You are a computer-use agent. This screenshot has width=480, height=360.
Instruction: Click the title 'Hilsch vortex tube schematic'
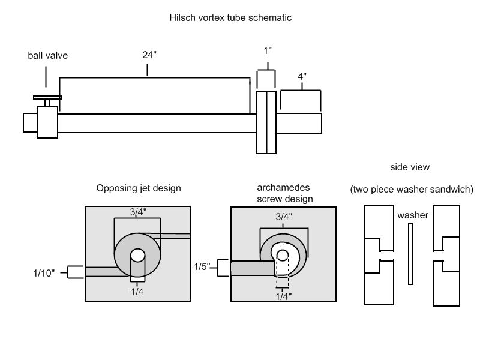tap(230, 17)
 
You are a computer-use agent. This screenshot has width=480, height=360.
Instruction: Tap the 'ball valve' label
tap(48, 55)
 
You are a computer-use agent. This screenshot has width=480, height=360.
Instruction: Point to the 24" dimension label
tap(149, 55)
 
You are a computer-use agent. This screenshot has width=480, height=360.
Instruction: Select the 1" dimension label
tap(268, 50)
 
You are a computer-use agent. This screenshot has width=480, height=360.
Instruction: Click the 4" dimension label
tap(302, 76)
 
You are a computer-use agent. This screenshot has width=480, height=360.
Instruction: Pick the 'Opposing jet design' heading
tap(139, 188)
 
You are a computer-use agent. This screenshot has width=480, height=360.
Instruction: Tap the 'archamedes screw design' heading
tap(284, 193)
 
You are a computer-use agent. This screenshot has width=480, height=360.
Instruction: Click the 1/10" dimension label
tap(44, 273)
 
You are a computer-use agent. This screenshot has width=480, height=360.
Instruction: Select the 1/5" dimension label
tap(202, 266)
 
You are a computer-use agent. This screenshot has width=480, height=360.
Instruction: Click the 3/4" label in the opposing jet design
tap(138, 212)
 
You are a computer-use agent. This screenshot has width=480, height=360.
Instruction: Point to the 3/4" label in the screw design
tap(284, 217)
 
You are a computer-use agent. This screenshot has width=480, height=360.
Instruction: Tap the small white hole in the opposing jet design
tap(138, 256)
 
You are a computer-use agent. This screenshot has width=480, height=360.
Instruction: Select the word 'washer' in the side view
tap(413, 215)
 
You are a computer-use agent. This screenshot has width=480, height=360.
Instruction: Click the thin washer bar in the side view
tap(410, 254)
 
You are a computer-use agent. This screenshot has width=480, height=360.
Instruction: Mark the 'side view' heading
tap(410, 167)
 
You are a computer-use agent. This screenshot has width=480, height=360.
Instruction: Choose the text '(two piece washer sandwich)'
tap(412, 189)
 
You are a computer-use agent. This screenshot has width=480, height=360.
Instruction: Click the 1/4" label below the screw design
tap(283, 296)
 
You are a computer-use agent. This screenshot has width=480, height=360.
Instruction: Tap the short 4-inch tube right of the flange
tap(298, 123)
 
